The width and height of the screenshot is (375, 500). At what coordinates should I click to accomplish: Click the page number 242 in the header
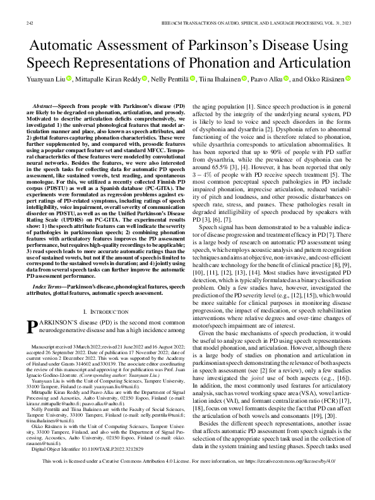tap(29, 23)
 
